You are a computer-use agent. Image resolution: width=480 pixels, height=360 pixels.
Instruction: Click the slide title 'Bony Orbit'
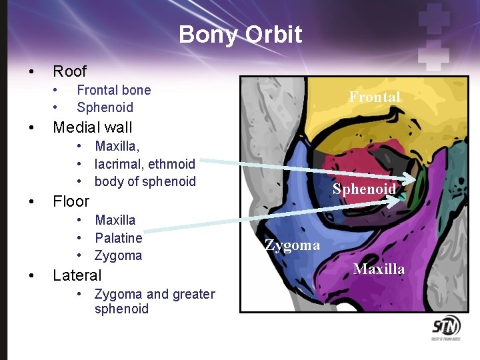[x=240, y=35]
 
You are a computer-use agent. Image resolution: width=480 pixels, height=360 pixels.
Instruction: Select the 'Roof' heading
[x=69, y=71]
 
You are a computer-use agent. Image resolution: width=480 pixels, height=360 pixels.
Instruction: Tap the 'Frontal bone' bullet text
[x=114, y=90]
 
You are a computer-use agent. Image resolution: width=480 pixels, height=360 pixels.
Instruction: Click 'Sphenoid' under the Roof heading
[x=105, y=107]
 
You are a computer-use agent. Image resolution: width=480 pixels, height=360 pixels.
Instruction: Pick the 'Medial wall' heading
[x=92, y=127]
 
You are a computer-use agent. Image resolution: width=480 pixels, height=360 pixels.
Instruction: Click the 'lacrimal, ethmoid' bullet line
[x=145, y=164]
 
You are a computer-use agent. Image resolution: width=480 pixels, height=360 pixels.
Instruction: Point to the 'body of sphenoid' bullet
[x=145, y=181]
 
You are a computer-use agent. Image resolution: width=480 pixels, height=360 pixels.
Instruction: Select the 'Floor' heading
[x=71, y=201]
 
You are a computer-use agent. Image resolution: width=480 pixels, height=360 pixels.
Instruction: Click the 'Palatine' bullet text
[x=119, y=238]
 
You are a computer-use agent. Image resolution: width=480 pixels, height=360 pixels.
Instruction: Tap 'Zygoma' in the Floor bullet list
[x=118, y=255]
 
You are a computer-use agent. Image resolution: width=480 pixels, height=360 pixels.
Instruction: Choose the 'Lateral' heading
[x=77, y=275]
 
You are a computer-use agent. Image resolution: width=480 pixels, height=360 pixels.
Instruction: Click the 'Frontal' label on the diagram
[x=375, y=97]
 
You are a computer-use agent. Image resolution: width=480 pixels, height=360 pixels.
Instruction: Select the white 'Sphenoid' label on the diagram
[x=364, y=189]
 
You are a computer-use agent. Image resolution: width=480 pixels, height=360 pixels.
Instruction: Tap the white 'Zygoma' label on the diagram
[x=292, y=246]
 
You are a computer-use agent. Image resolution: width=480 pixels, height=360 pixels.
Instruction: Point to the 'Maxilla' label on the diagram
[x=379, y=269]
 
